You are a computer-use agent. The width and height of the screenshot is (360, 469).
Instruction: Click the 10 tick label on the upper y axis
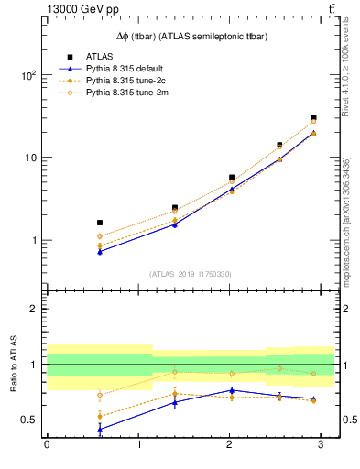click(31, 158)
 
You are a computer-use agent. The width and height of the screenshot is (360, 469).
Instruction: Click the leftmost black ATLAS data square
click(100, 223)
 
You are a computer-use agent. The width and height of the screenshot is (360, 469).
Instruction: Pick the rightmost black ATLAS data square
click(313, 117)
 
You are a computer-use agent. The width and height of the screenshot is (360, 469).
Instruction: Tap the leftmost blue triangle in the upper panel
click(100, 251)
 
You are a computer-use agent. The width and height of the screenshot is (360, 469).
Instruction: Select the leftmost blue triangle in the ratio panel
click(100, 428)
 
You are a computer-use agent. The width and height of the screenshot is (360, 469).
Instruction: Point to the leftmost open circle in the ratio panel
click(100, 396)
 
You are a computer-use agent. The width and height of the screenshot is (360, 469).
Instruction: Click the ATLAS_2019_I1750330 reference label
click(190, 274)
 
